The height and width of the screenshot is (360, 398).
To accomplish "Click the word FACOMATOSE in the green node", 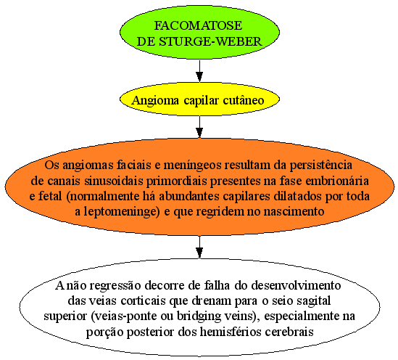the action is coord(198,25).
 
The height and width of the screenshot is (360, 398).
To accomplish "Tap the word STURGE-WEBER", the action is coord(210,41).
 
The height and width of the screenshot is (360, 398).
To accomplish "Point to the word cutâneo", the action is coord(244,99).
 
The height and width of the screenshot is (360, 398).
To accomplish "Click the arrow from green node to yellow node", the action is coord(199,71).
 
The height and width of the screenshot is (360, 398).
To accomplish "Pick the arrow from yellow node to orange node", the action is coord(199,127).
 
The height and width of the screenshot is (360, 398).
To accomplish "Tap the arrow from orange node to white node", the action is coord(199,247).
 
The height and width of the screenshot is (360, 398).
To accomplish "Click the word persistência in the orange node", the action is coord(321,165).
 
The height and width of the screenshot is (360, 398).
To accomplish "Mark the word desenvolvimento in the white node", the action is coord(296,285).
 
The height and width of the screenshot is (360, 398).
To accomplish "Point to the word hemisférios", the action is coord(231,332).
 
